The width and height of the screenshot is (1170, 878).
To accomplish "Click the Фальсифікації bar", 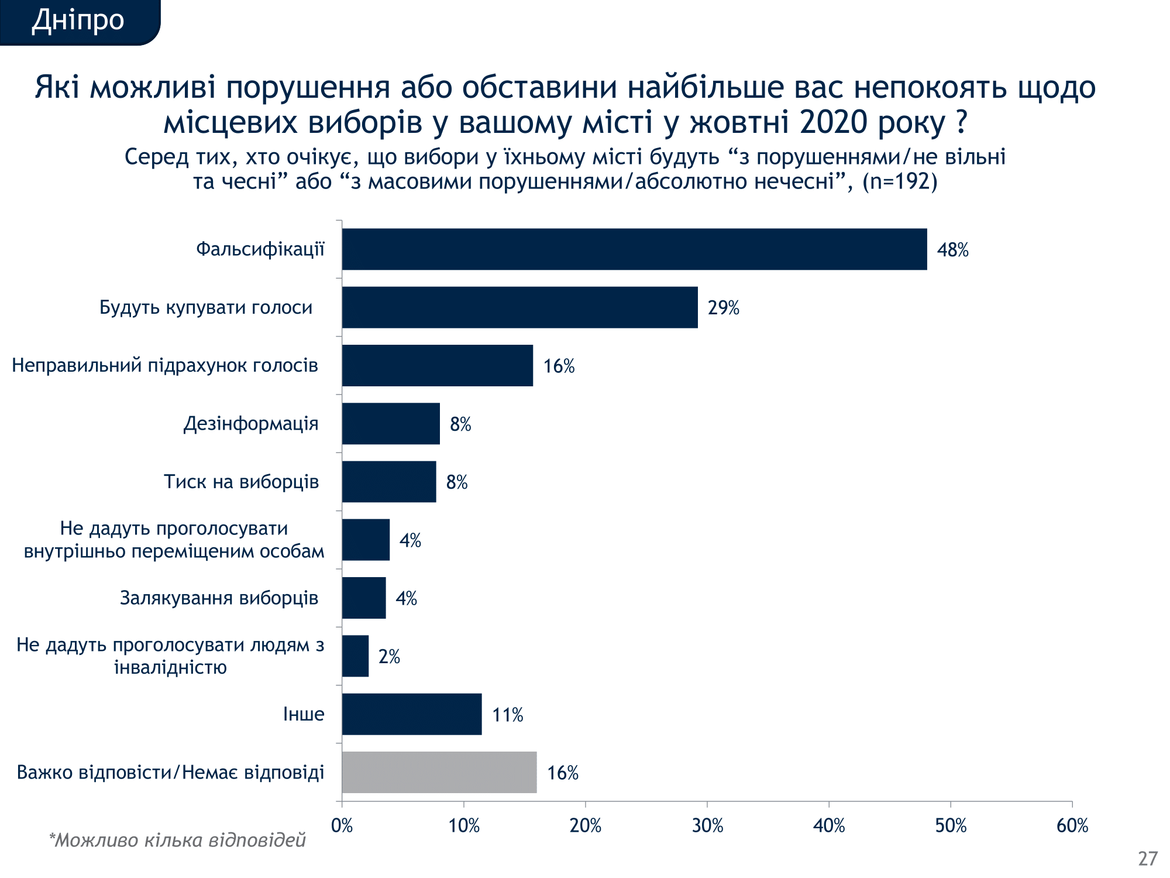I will tap(634, 249).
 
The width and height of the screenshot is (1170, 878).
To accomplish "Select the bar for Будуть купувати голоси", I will tap(519, 307).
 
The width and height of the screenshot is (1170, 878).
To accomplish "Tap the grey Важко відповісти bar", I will tap(439, 773).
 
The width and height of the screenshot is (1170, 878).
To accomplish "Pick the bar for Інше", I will tap(412, 714).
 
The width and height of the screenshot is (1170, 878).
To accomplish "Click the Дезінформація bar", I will tap(391, 424).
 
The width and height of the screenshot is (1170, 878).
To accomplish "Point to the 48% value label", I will tap(952, 250).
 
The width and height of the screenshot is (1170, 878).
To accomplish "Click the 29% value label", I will tap(723, 308).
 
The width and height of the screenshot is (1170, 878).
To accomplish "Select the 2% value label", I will tap(389, 657).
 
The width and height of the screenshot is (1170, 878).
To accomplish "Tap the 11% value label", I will tap(507, 715).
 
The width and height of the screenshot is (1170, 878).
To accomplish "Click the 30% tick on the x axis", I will tap(707, 826).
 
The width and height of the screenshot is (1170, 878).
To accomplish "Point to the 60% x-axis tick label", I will tap(1072, 826).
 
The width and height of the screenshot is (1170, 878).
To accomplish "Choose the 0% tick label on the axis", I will tap(342, 826).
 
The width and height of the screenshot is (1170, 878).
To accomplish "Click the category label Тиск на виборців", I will tap(241, 482).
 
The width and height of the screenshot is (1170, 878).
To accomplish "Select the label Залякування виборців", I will tap(219, 598).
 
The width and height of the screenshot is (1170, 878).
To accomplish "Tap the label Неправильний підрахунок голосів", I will tap(165, 365).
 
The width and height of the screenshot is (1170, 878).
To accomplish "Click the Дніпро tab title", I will tap(78, 20).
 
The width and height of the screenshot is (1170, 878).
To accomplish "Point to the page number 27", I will tap(1148, 858).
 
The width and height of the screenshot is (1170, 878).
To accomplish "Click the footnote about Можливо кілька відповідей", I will tap(177, 840).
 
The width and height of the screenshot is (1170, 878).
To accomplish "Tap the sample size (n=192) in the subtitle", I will tap(900, 181).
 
